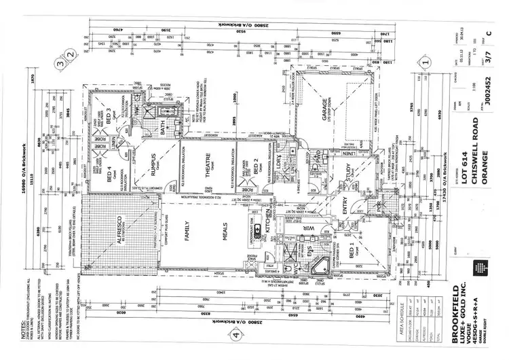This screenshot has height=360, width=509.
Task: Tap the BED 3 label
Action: (x=109, y=113)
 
